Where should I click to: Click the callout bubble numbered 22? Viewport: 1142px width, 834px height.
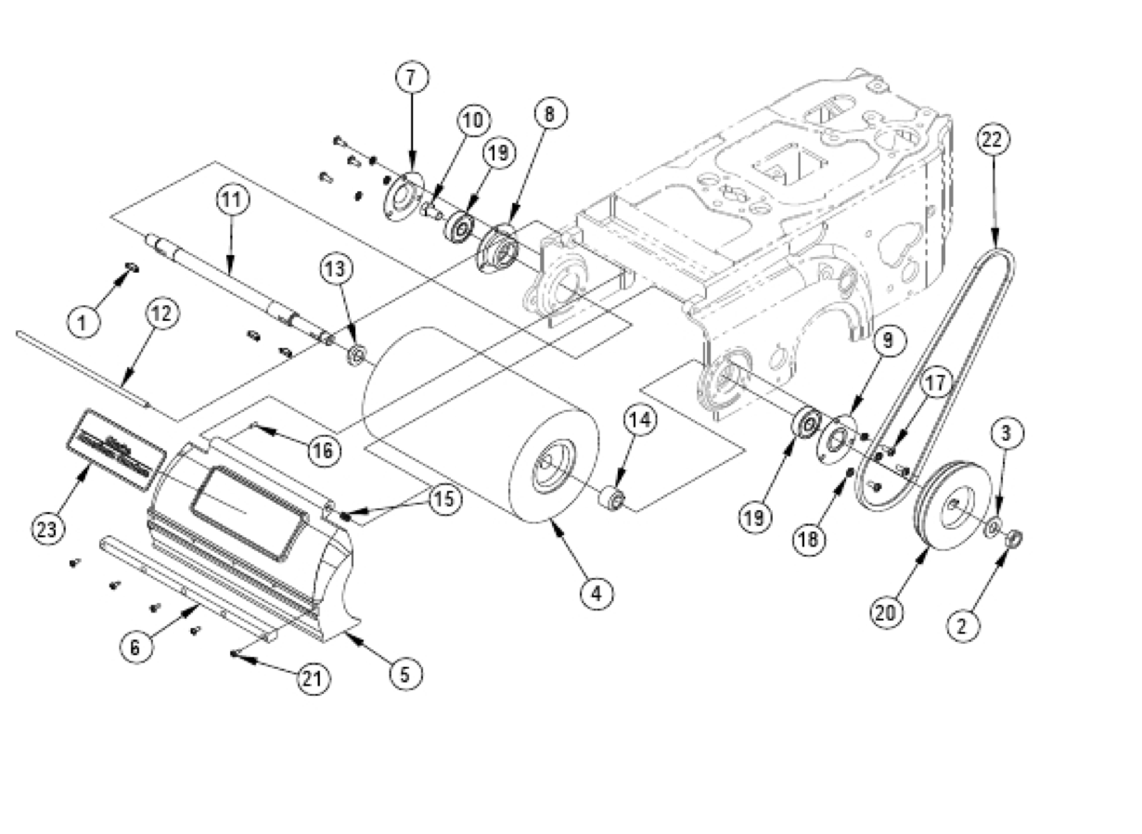[x=993, y=140]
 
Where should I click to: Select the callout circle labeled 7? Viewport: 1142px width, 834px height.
[x=412, y=78]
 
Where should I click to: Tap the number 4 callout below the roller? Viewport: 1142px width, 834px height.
[x=596, y=592]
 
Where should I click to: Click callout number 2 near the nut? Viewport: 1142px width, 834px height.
[x=962, y=625]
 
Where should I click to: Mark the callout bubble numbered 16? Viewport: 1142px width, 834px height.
[x=324, y=451]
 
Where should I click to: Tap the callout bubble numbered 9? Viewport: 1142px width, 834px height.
[x=887, y=340]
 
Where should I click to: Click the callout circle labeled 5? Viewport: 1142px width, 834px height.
[x=405, y=673]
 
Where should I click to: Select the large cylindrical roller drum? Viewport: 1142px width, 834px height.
[x=482, y=427]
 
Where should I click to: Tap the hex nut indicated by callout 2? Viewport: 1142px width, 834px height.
[x=1014, y=537]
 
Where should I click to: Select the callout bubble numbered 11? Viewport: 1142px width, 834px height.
[x=232, y=199]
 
